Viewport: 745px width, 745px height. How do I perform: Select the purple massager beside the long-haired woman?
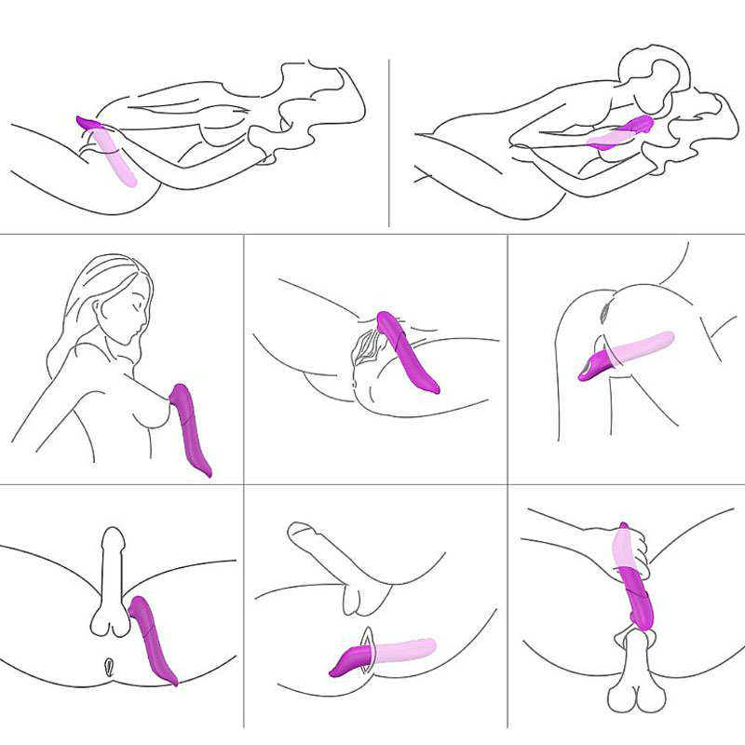(x=193, y=427)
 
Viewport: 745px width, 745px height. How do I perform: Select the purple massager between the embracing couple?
(x=633, y=126)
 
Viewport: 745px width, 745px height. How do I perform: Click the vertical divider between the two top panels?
(x=388, y=140)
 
